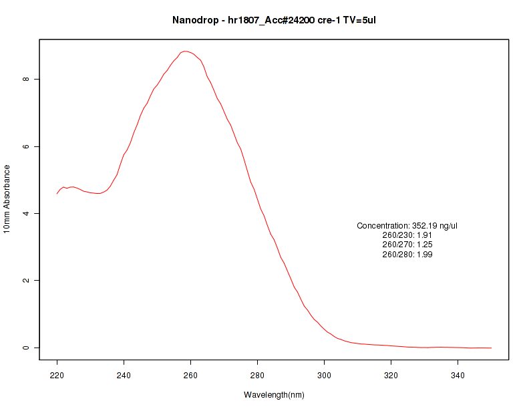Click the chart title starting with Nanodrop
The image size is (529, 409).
[274, 20]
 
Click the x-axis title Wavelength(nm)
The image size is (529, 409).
[274, 395]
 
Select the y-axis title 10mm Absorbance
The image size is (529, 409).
[7, 198]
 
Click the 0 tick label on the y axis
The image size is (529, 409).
[25, 348]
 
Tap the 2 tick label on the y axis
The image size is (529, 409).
[25, 281]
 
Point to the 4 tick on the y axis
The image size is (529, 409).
[25, 213]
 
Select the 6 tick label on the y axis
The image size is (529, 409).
[25, 146]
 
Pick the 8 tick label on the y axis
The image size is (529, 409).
[25, 79]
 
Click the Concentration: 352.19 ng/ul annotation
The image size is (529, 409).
[407, 226]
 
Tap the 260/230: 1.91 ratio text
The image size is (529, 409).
[407, 235]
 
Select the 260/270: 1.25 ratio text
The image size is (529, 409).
[407, 245]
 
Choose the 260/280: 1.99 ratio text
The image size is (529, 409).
[407, 255]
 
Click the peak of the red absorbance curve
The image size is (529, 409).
[186, 51]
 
